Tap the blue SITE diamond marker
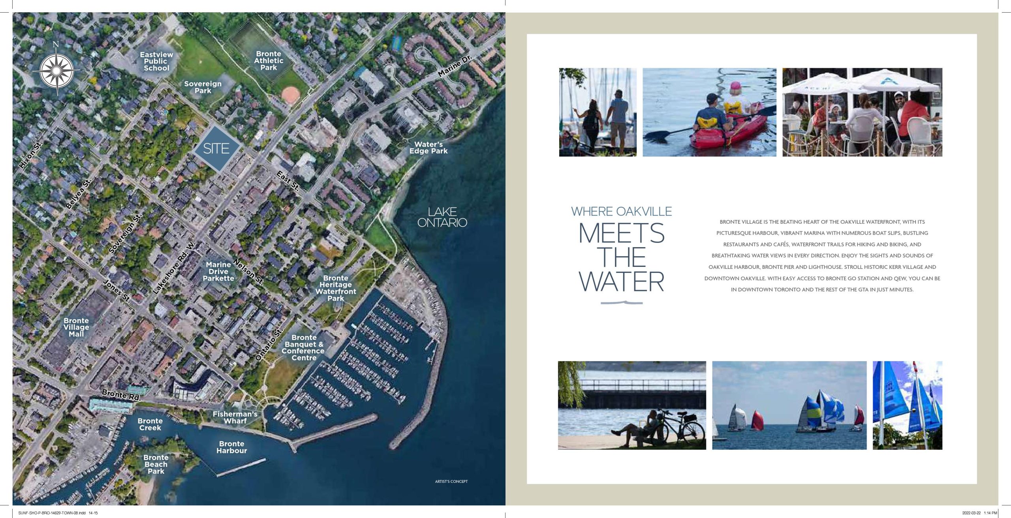coord(217,148)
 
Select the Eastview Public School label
coord(156,61)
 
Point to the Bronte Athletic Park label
coord(269,60)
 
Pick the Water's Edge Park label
coord(428,148)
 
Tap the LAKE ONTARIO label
coord(442,217)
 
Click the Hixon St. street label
coord(31,155)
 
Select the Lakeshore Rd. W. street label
coord(174,268)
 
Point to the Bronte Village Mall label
coord(76,327)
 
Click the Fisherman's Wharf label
coord(235,417)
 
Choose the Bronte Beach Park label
coord(156,464)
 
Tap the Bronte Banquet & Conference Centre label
coord(303,347)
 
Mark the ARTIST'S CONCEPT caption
coord(451,481)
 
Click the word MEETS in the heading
coord(622,233)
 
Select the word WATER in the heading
coord(622,282)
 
